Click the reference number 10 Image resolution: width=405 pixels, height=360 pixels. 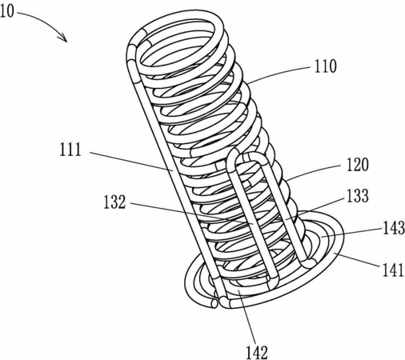pyautogui.click(x=6, y=12)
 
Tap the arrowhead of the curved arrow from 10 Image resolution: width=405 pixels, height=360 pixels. pyautogui.click(x=63, y=38)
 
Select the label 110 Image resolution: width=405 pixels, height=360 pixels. pyautogui.click(x=326, y=66)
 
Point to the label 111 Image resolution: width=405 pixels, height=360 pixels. pyautogui.click(x=70, y=150)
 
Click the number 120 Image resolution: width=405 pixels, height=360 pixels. pyautogui.click(x=358, y=165)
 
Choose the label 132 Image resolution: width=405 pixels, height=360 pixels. pyautogui.click(x=114, y=202)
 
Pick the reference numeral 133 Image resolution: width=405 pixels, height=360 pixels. pyautogui.click(x=358, y=196)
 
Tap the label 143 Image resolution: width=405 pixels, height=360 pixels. pyautogui.click(x=394, y=228)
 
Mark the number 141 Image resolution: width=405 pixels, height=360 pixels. pyautogui.click(x=393, y=270)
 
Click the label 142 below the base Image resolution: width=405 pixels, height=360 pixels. pyautogui.click(x=257, y=353)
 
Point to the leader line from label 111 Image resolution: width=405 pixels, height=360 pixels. pyautogui.click(x=131, y=161)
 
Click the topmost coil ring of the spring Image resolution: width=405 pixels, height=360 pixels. pyautogui.click(x=179, y=42)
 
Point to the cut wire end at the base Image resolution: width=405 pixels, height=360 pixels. pyautogui.click(x=214, y=303)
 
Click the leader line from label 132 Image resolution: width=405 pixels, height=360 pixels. pyautogui.click(x=191, y=214)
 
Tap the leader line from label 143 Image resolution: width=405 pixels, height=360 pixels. pyautogui.click(x=351, y=233)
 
